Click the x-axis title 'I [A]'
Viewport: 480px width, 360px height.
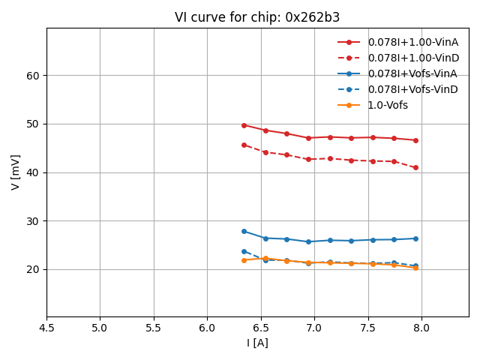click(x=257, y=343)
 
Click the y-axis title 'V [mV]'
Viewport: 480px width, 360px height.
click(x=16, y=172)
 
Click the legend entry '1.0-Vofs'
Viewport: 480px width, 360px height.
click(x=388, y=105)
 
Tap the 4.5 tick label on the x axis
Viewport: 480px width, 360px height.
click(x=46, y=328)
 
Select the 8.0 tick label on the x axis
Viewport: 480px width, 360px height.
click(x=421, y=328)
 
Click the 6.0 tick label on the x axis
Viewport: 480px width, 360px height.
click(x=207, y=328)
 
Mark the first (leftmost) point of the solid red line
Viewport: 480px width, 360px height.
click(x=244, y=125)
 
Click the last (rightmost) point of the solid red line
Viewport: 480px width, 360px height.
click(x=415, y=140)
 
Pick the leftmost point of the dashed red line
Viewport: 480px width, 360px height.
click(x=244, y=145)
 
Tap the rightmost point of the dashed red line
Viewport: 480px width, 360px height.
click(x=415, y=167)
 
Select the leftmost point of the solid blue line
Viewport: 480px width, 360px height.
click(x=244, y=231)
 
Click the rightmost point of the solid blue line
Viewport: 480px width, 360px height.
click(x=415, y=238)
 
